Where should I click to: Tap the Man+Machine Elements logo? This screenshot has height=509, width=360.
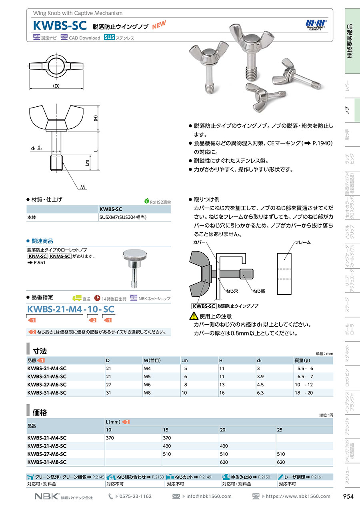(316, 25)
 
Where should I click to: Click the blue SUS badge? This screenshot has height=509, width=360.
(109, 37)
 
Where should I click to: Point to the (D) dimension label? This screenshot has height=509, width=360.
(56, 86)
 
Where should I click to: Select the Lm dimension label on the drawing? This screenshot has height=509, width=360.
(87, 162)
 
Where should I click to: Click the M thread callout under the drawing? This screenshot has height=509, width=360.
(82, 187)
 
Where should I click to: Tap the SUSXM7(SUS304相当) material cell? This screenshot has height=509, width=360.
(123, 217)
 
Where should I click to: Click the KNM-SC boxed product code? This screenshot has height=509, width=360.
(38, 256)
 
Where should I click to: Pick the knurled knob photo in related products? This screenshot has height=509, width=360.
(134, 268)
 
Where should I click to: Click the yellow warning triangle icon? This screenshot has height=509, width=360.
(194, 315)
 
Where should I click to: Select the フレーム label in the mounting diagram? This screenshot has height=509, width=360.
(303, 242)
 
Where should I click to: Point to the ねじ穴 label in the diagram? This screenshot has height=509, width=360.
(232, 291)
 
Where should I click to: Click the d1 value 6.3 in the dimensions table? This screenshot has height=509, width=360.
(260, 393)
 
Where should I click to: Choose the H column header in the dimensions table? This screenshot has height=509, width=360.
(221, 360)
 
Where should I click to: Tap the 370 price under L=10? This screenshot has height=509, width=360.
(110, 438)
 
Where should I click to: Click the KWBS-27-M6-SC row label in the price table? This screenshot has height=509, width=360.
(47, 454)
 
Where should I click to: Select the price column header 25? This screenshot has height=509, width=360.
(280, 430)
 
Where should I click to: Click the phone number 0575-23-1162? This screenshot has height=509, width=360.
(136, 496)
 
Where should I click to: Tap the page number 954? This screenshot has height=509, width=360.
(348, 496)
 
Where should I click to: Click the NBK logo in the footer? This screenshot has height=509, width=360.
(47, 496)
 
